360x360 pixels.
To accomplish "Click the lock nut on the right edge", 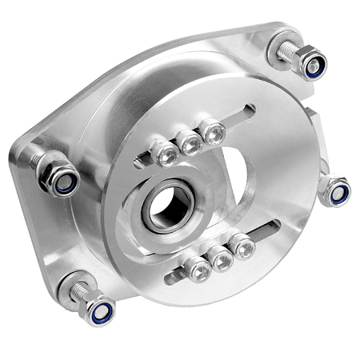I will tap(335, 191).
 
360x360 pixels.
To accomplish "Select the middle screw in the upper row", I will tap(190, 143).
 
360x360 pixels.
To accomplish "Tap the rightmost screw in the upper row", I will tap(212, 133).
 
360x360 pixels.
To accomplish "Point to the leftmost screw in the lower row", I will tap(197, 270).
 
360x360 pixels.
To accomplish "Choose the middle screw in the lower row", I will tap(219, 259).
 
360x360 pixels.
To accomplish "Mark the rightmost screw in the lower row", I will tap(241, 247).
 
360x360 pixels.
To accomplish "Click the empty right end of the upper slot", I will tap(240, 115).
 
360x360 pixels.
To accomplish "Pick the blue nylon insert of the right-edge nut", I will tap(338, 194).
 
